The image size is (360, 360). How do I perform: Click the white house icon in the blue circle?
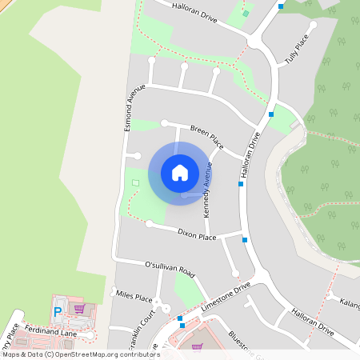click(x=180, y=173)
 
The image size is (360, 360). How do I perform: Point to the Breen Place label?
click(x=204, y=131)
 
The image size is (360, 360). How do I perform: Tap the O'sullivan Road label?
click(x=170, y=268)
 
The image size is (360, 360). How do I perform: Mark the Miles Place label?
click(x=134, y=298)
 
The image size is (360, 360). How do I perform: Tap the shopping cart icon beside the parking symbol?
click(x=78, y=308)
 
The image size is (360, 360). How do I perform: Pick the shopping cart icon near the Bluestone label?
click(x=197, y=347)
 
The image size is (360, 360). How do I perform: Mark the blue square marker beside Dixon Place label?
click(x=245, y=239)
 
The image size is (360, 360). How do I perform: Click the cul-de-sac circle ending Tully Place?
click(x=313, y=25)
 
